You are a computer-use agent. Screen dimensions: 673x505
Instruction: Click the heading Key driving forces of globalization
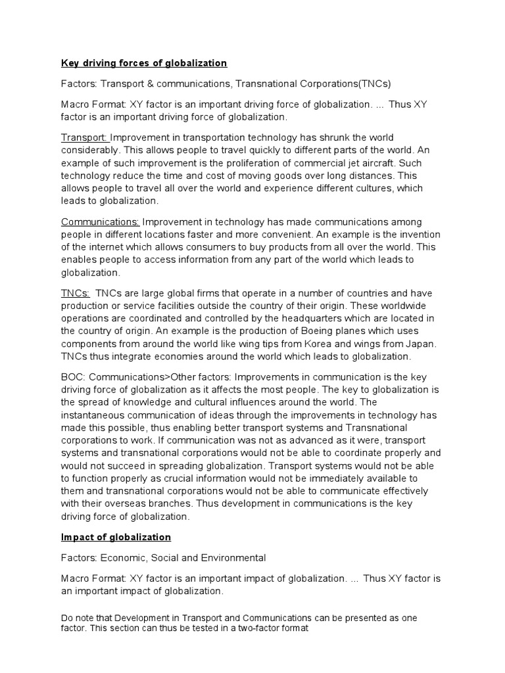143,63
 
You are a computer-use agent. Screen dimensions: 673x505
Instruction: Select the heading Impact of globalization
116,537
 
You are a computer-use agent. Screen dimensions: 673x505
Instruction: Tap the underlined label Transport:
85,137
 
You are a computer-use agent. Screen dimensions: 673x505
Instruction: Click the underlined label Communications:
100,222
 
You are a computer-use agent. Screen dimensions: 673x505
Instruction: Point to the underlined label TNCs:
76,293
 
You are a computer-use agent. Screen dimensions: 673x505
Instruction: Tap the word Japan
421,344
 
